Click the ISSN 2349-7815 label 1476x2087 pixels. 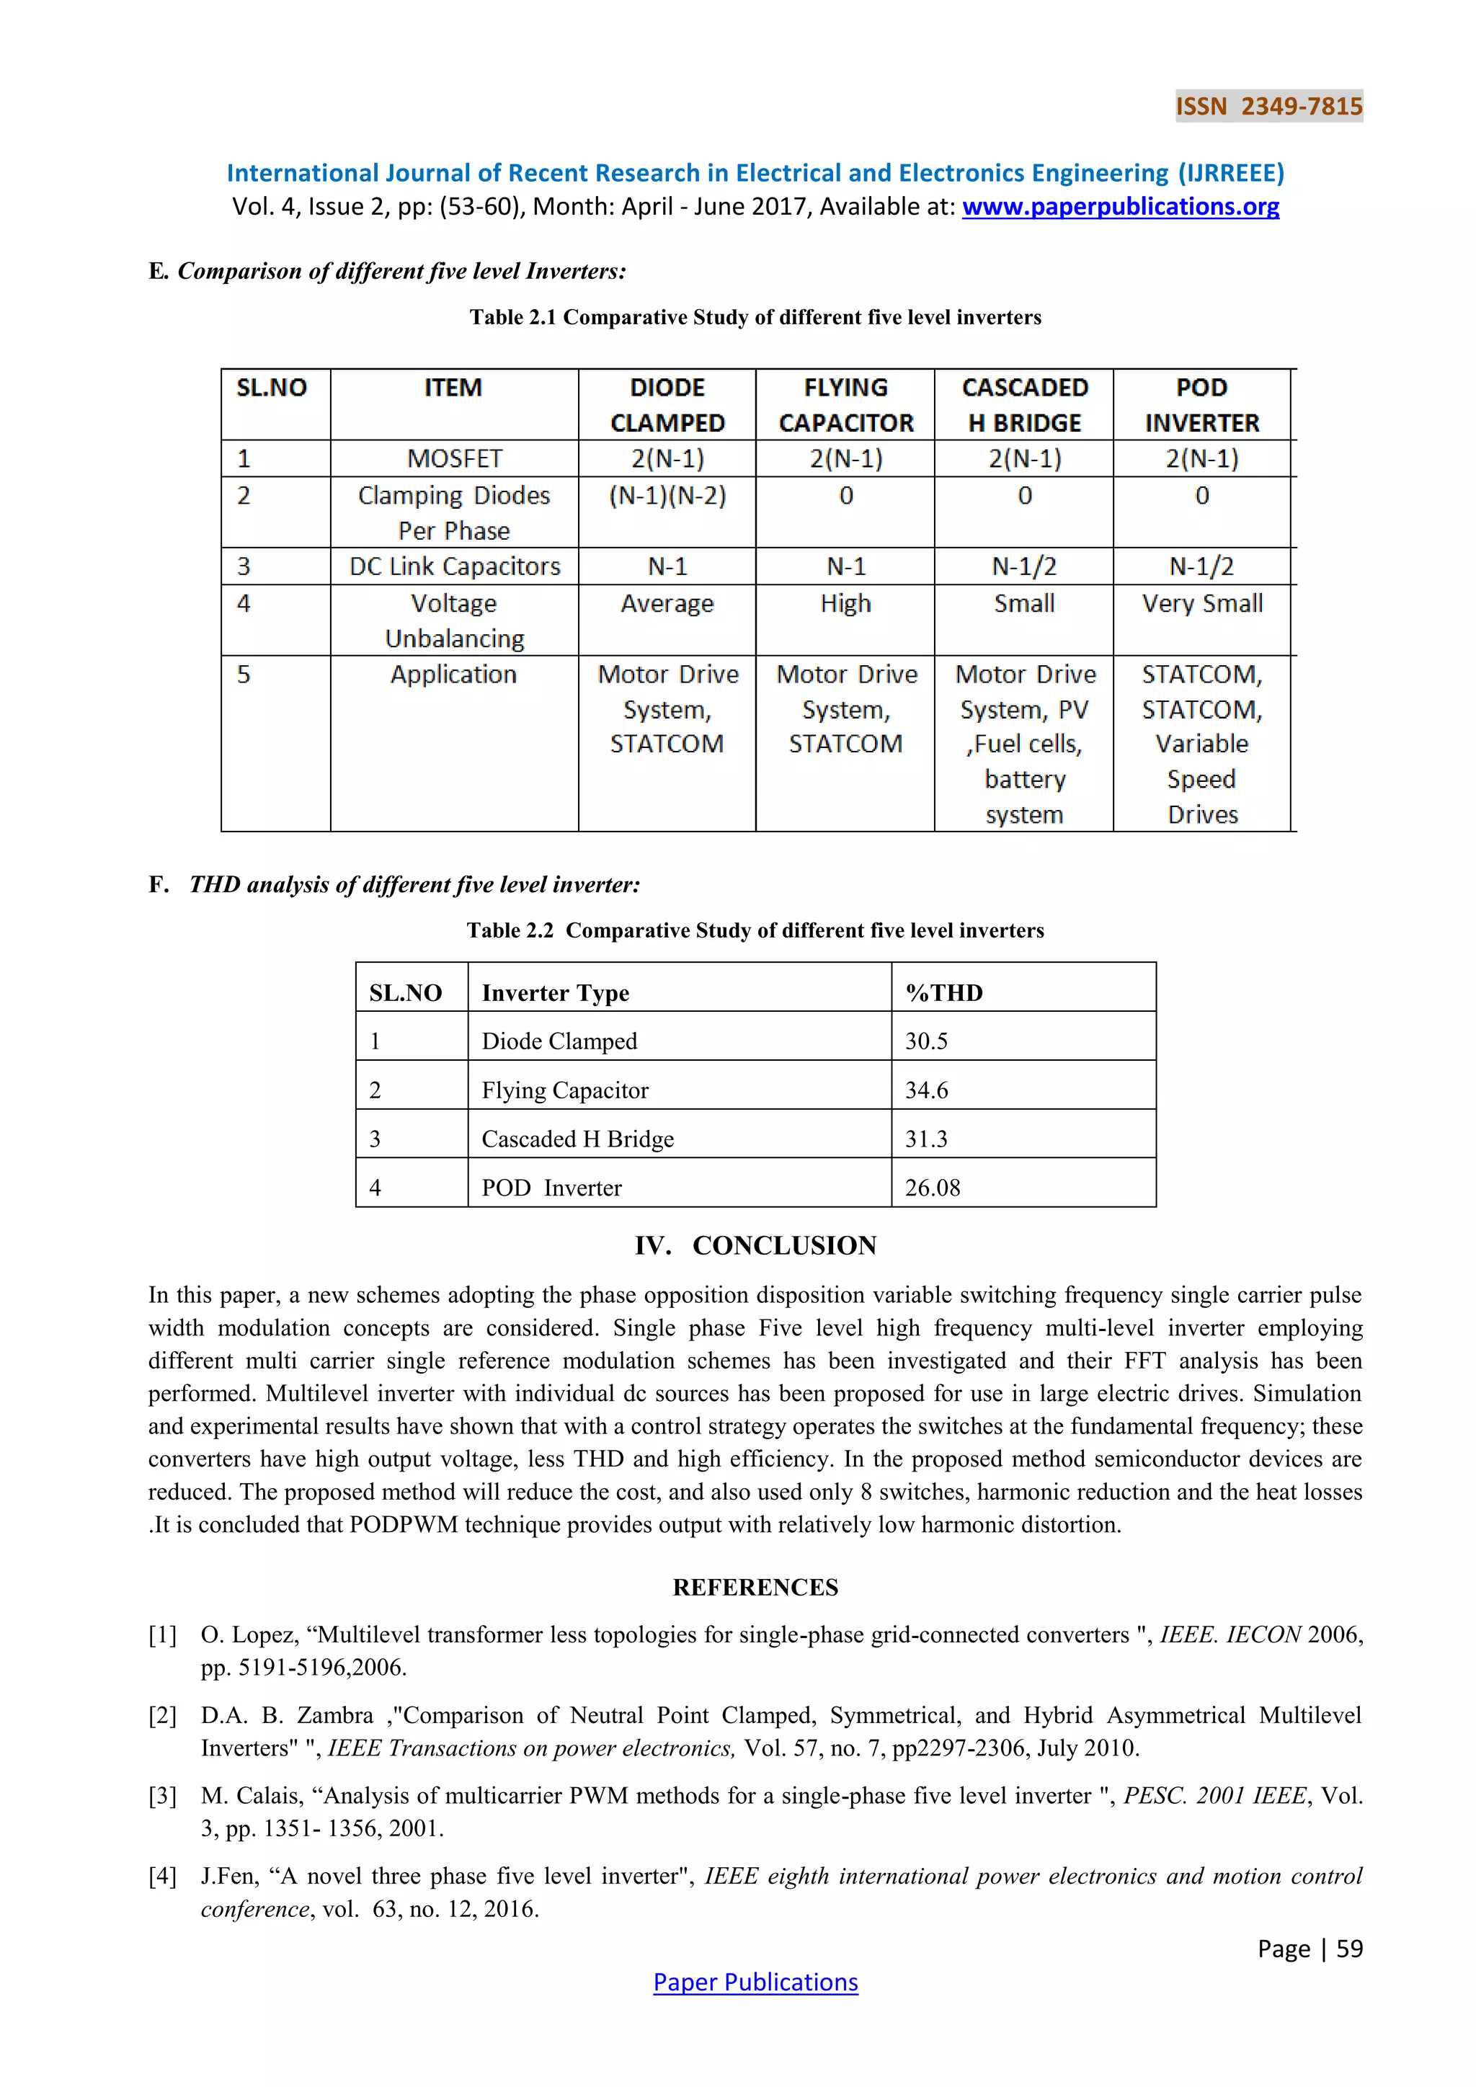point(1268,107)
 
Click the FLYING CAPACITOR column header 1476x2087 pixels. point(845,406)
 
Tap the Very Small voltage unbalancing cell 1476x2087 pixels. point(1201,604)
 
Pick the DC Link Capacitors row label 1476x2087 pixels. point(455,566)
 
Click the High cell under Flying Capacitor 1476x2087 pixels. point(845,604)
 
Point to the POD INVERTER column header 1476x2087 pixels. point(1201,406)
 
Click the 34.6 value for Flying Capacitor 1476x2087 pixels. point(926,1090)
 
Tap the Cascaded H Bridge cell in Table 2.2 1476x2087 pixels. point(577,1139)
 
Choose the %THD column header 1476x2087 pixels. point(943,992)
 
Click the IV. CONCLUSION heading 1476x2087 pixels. point(755,1245)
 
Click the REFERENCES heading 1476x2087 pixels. point(755,1587)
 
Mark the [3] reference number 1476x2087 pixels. point(163,1795)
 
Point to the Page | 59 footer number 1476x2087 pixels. point(1310,1948)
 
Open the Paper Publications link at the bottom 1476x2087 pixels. point(755,1983)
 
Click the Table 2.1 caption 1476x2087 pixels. point(755,317)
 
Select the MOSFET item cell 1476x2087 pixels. point(455,459)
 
